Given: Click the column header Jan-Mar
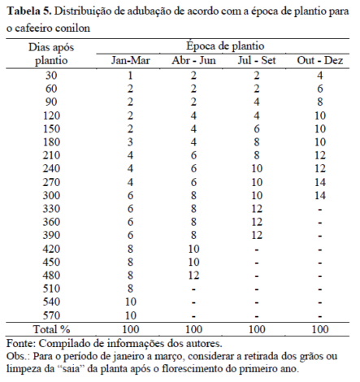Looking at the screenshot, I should [x=129, y=62].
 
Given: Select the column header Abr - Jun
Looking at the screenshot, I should [x=193, y=62].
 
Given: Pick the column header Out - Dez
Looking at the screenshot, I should [x=320, y=62].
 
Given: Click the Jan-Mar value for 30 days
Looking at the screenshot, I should [x=129, y=75].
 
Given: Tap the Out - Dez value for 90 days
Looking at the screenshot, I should [x=320, y=102].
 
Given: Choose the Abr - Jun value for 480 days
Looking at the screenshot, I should [x=193, y=275].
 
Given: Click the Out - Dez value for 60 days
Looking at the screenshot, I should [x=320, y=89].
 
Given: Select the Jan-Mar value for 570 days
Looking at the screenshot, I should [x=129, y=315].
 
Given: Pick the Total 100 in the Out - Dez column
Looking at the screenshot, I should [x=320, y=329].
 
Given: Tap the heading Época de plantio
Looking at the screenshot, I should [x=224, y=47].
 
